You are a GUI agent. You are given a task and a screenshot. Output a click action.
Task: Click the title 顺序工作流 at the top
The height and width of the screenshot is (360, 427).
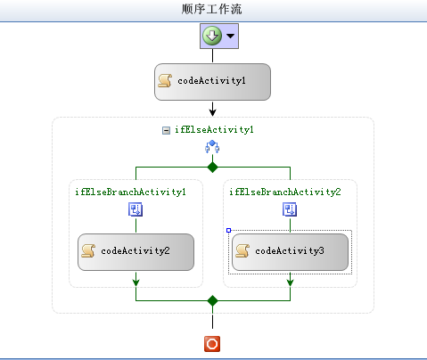pyautogui.click(x=211, y=9)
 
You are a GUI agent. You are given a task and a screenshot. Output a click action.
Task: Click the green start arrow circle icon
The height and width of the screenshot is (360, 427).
pyautogui.click(x=212, y=36)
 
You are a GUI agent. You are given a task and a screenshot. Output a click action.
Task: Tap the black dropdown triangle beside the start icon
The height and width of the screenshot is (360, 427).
pyautogui.click(x=230, y=36)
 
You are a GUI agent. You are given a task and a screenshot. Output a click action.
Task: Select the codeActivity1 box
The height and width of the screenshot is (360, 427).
pyautogui.click(x=212, y=82)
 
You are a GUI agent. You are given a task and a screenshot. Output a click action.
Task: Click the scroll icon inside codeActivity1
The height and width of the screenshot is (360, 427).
pyautogui.click(x=165, y=80)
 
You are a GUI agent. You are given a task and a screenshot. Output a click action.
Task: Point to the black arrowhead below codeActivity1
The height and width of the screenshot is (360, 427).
pyautogui.click(x=212, y=112)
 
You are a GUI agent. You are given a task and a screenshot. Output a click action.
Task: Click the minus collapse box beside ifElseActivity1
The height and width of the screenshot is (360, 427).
pyautogui.click(x=166, y=130)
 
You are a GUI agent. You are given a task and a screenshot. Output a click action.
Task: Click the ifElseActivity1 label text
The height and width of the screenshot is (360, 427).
pyautogui.click(x=214, y=130)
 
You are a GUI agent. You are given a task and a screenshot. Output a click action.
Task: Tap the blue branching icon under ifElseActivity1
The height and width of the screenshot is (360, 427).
pyautogui.click(x=212, y=147)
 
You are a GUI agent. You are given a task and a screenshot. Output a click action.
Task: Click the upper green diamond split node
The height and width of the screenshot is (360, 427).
pyautogui.click(x=212, y=168)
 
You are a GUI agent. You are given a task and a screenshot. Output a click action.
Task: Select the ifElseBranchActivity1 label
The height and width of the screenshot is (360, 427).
pyautogui.click(x=130, y=192)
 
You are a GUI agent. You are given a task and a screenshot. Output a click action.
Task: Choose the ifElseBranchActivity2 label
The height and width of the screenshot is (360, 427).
pyautogui.click(x=285, y=192)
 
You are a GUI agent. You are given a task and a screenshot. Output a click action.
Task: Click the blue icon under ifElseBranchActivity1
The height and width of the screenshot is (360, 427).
pyautogui.click(x=135, y=209)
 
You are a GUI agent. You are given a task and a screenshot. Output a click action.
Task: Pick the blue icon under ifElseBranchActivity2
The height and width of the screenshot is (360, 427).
pyautogui.click(x=290, y=209)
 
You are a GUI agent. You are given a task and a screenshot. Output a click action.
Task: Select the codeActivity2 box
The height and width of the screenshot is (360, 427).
pyautogui.click(x=135, y=252)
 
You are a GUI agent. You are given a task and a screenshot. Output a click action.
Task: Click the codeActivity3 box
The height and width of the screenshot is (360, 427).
pyautogui.click(x=290, y=252)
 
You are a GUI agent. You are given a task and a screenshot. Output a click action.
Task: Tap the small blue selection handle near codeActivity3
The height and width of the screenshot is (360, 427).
pyautogui.click(x=228, y=230)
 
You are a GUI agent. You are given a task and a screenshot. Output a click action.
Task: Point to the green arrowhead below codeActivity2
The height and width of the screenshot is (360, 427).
pyautogui.click(x=135, y=282)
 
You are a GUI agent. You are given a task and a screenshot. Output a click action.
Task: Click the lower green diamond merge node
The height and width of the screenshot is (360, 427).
pyautogui.click(x=212, y=300)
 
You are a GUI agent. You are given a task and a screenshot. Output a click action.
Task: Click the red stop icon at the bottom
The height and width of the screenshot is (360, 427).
pyautogui.click(x=212, y=344)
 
